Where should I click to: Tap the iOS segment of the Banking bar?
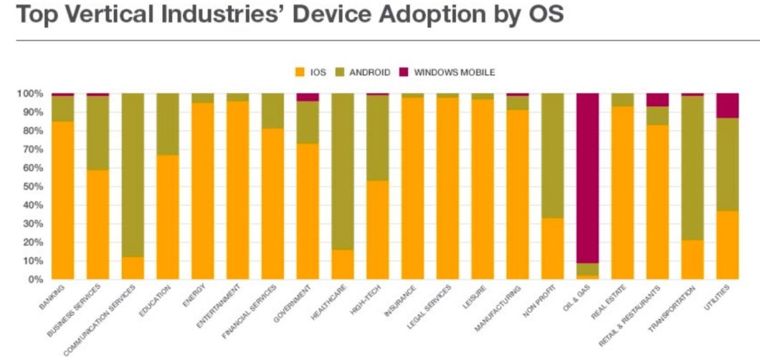(62, 200)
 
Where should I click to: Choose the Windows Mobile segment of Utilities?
(727, 105)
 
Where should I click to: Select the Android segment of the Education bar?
(168, 124)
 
